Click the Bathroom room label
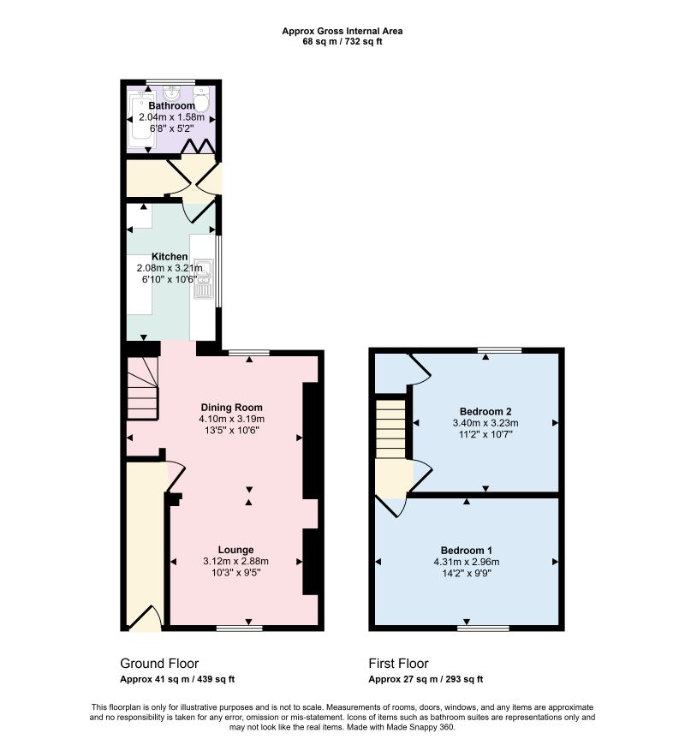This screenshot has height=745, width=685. [171, 105]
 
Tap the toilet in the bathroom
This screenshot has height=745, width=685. [201, 98]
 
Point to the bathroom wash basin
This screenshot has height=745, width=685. [171, 93]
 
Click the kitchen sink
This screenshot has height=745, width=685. [203, 279]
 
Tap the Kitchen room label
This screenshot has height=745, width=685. [170, 257]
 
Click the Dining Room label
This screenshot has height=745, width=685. [232, 408]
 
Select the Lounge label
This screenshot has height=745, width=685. [235, 551]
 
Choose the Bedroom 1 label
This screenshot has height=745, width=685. [467, 551]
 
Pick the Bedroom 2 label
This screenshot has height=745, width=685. [485, 411]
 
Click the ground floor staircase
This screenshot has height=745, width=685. [142, 389]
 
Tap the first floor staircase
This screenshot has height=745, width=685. [391, 428]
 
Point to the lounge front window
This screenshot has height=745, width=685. [240, 629]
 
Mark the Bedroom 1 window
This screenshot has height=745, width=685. [483, 629]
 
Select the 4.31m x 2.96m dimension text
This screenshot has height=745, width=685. [467, 562]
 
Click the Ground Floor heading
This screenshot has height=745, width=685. [159, 664]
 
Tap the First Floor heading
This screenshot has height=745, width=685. [398, 664]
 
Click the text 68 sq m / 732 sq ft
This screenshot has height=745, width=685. [342, 41]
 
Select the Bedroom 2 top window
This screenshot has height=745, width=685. [500, 350]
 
